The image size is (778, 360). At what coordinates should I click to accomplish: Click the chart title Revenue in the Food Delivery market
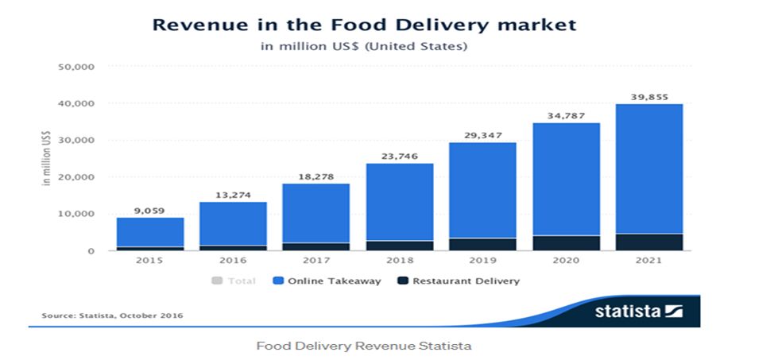point(364,25)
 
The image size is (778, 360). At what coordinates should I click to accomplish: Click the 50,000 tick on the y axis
point(77,67)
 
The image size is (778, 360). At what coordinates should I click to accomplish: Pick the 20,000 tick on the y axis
point(77,177)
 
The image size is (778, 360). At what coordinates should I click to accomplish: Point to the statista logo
point(638,311)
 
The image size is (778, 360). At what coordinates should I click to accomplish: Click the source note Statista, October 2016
point(112,315)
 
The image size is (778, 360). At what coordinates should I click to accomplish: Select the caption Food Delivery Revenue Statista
point(364,346)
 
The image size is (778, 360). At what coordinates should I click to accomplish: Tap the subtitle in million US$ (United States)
point(364,46)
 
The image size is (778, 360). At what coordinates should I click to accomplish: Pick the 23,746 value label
point(400,157)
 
